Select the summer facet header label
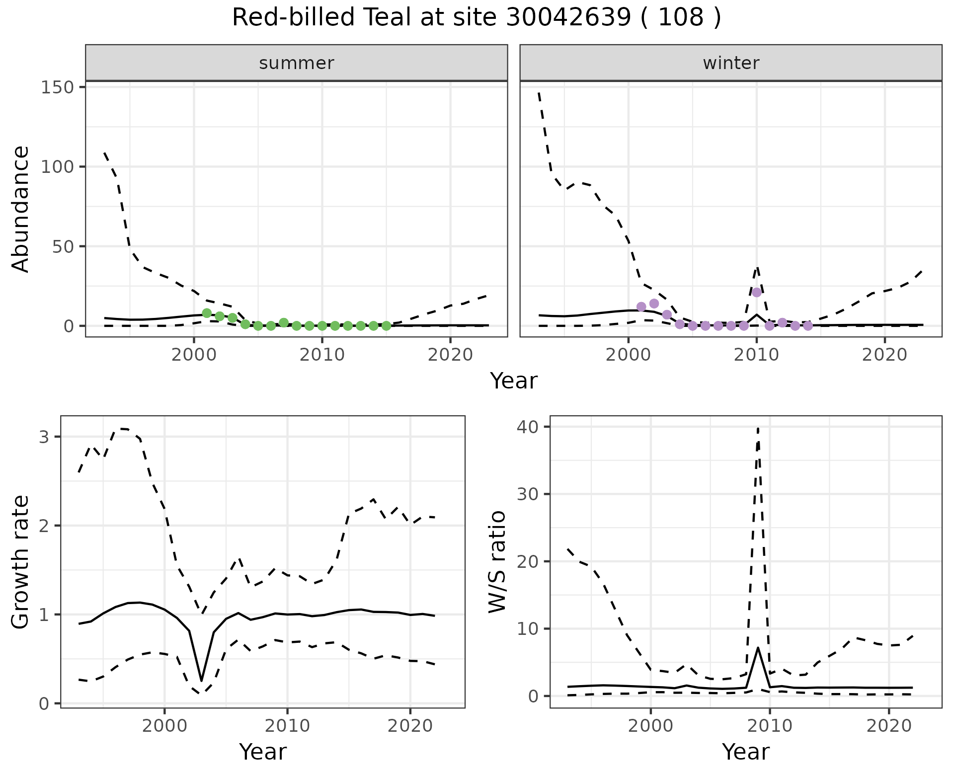coord(297,63)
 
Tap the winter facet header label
coord(731,63)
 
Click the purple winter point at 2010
coord(757,292)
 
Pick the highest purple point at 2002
coord(654,304)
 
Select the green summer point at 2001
coord(207,313)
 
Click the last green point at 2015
coord(386,326)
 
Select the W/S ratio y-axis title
coord(497,561)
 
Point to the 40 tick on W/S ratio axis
coord(533,427)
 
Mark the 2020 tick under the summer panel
coord(450,355)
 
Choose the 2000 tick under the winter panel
coord(629,355)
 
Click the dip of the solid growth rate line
coord(201,681)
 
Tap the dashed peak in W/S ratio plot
coord(758,428)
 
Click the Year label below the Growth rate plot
coord(263,752)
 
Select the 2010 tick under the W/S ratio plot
coord(770,726)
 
